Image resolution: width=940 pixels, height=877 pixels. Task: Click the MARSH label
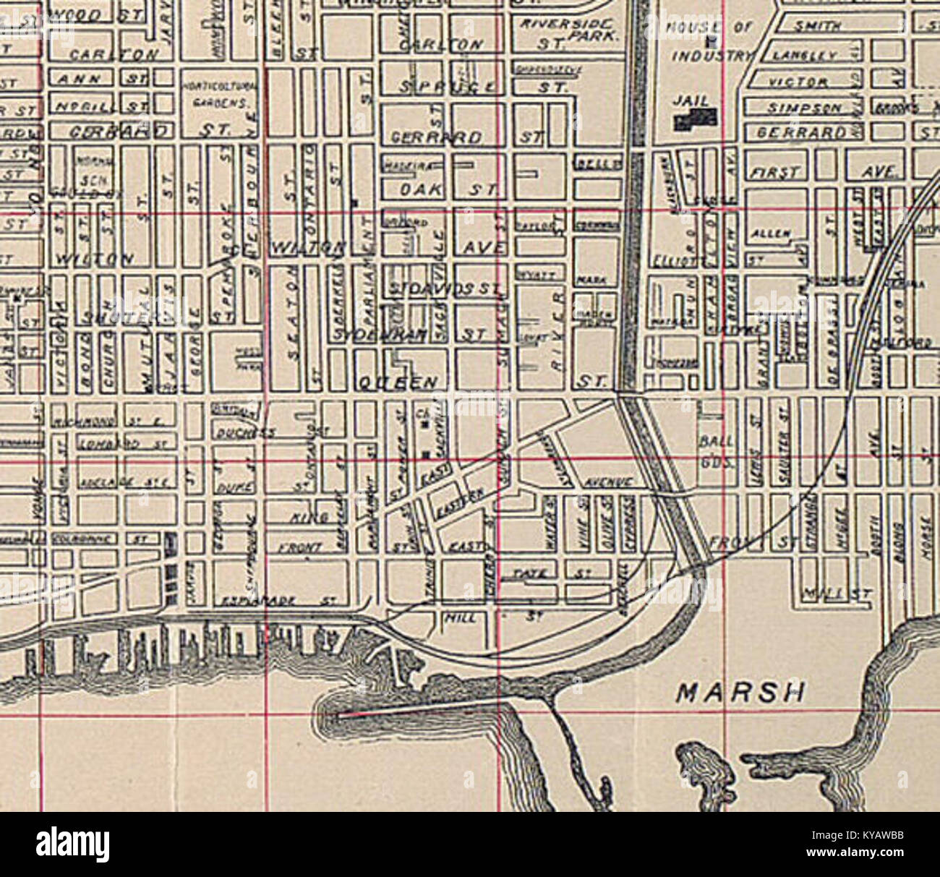click(740, 692)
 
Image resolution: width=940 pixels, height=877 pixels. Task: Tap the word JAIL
click(691, 101)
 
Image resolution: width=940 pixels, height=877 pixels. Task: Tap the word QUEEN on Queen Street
click(397, 382)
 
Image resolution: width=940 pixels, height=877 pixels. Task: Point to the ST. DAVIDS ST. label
click(444, 289)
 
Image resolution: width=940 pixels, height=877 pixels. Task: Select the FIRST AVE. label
click(823, 174)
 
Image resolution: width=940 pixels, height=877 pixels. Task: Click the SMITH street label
click(817, 27)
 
